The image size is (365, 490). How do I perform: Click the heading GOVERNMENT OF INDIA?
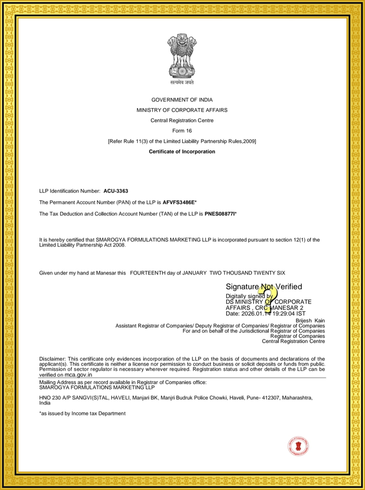(182, 100)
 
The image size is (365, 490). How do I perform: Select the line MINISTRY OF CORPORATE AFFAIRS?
(182, 110)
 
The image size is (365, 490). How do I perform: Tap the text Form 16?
(182, 131)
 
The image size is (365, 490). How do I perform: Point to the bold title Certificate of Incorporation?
(182, 151)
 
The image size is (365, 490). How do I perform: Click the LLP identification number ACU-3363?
(116, 191)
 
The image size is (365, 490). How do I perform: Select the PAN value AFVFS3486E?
(179, 202)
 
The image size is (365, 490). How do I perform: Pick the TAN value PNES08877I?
(220, 214)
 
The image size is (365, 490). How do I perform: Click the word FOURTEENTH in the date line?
(147, 273)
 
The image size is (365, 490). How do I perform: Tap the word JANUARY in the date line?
(194, 273)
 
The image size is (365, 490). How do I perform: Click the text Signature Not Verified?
(264, 287)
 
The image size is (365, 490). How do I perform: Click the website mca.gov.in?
(78, 375)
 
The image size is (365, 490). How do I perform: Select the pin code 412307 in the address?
(271, 398)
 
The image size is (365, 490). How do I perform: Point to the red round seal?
(299, 446)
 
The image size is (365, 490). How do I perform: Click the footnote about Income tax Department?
(82, 413)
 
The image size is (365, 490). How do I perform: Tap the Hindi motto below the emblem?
(182, 83)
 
